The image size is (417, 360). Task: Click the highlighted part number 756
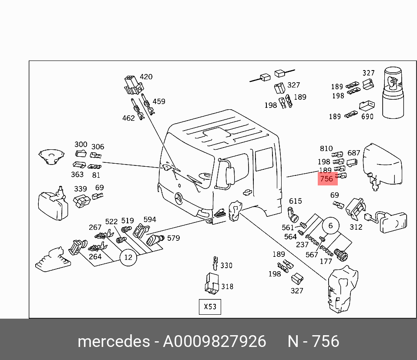[326, 179]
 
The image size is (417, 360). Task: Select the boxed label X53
[210, 306]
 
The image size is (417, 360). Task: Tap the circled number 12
[128, 257]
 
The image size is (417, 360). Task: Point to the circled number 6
[330, 225]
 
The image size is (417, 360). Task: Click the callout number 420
[146, 77]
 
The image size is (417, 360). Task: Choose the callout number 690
[367, 117]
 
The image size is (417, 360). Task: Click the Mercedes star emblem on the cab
[178, 199]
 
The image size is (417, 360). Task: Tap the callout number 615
[295, 201]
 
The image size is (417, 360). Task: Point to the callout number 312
[356, 227]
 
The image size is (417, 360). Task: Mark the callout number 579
[173, 238]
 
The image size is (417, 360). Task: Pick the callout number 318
[227, 286]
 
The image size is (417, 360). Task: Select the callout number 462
[128, 118]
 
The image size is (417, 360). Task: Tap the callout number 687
[354, 153]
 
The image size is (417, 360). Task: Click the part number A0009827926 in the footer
[214, 342]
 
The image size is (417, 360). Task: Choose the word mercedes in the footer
[113, 342]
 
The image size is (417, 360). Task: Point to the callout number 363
[77, 175]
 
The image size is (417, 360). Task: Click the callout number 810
[326, 149]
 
